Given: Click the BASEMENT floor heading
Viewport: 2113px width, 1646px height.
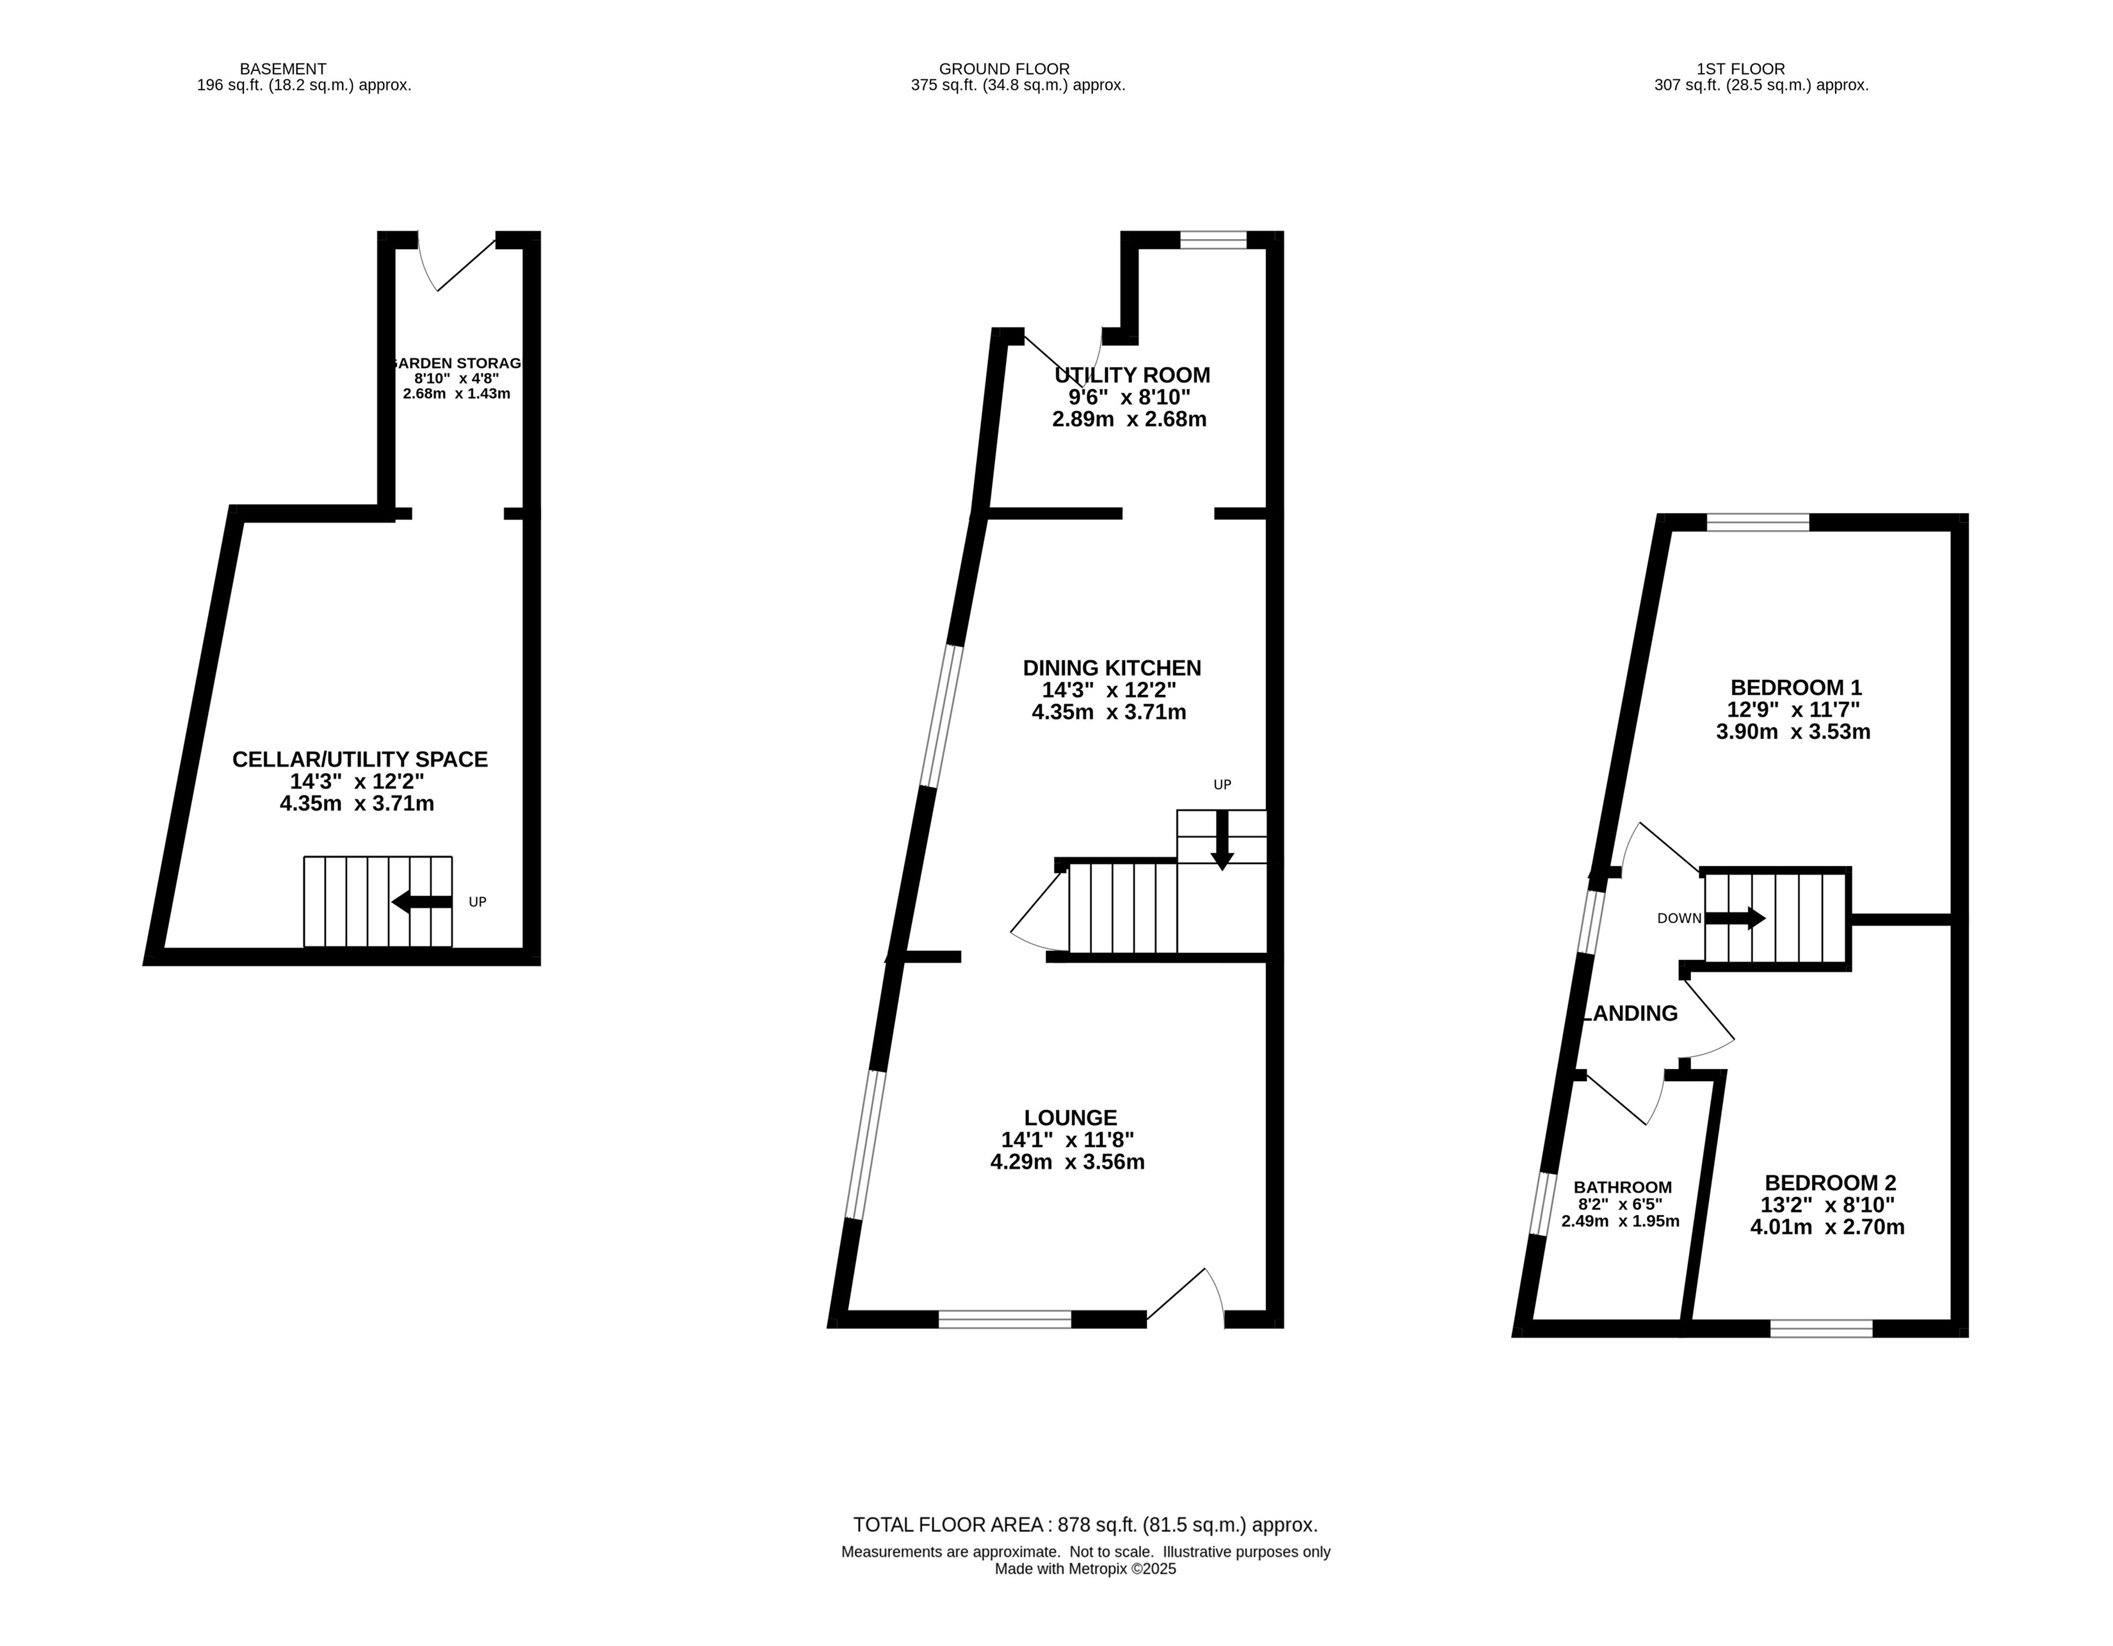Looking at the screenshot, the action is [282, 69].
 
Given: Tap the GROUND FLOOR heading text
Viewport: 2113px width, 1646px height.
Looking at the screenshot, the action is [1004, 69].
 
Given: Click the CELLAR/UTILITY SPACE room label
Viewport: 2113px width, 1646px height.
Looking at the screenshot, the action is [360, 760].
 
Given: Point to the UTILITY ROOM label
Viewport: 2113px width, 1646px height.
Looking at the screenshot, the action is [1132, 375].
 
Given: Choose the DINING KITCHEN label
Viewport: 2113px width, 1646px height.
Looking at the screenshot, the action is [1112, 668].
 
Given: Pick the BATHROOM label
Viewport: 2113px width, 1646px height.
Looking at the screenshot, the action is [1623, 1187].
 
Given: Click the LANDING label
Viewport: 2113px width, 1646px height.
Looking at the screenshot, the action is [1631, 1013].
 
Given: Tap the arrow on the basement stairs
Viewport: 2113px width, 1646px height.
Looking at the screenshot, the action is [422, 902].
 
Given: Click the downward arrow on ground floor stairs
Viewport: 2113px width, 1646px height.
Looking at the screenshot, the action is [1222, 840].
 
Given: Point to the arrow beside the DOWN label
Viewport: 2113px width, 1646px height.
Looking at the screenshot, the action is [1735, 917].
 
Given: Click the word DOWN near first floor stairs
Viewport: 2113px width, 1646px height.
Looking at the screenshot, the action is [1679, 918].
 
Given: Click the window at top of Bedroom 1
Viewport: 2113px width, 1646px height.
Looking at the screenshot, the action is [1758, 523].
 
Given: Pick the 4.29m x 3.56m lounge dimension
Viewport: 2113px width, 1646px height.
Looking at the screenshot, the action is [1067, 1162].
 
